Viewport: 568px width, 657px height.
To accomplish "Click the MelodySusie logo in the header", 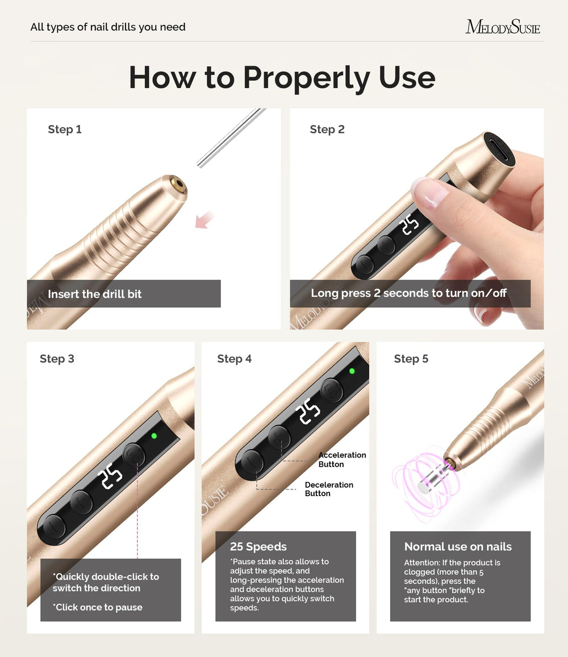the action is pyautogui.click(x=503, y=27).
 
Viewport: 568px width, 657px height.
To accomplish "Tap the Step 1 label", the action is pyautogui.click(x=65, y=129).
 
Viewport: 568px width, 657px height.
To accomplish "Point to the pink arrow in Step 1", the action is pyautogui.click(x=204, y=219).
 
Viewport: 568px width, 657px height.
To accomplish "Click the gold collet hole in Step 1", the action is pyautogui.click(x=179, y=184).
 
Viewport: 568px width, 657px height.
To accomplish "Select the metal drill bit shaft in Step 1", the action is pyautogui.click(x=231, y=138).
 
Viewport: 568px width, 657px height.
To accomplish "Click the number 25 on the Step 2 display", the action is pyautogui.click(x=410, y=225).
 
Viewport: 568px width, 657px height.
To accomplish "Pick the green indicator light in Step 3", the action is pyautogui.click(x=154, y=436).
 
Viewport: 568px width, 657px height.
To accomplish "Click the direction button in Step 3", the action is pyautogui.click(x=134, y=454).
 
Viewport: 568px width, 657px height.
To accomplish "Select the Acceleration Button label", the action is pyautogui.click(x=342, y=460).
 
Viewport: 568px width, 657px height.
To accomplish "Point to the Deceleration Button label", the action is pyautogui.click(x=329, y=489).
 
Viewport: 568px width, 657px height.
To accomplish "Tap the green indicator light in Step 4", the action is pyautogui.click(x=352, y=371).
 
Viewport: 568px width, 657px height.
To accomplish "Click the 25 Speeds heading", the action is pyautogui.click(x=258, y=546).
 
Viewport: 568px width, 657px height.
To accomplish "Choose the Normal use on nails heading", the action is pyautogui.click(x=458, y=546).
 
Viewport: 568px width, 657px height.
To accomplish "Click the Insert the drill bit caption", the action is pyautogui.click(x=95, y=294).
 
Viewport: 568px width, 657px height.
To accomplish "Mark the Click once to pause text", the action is pyautogui.click(x=98, y=607).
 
